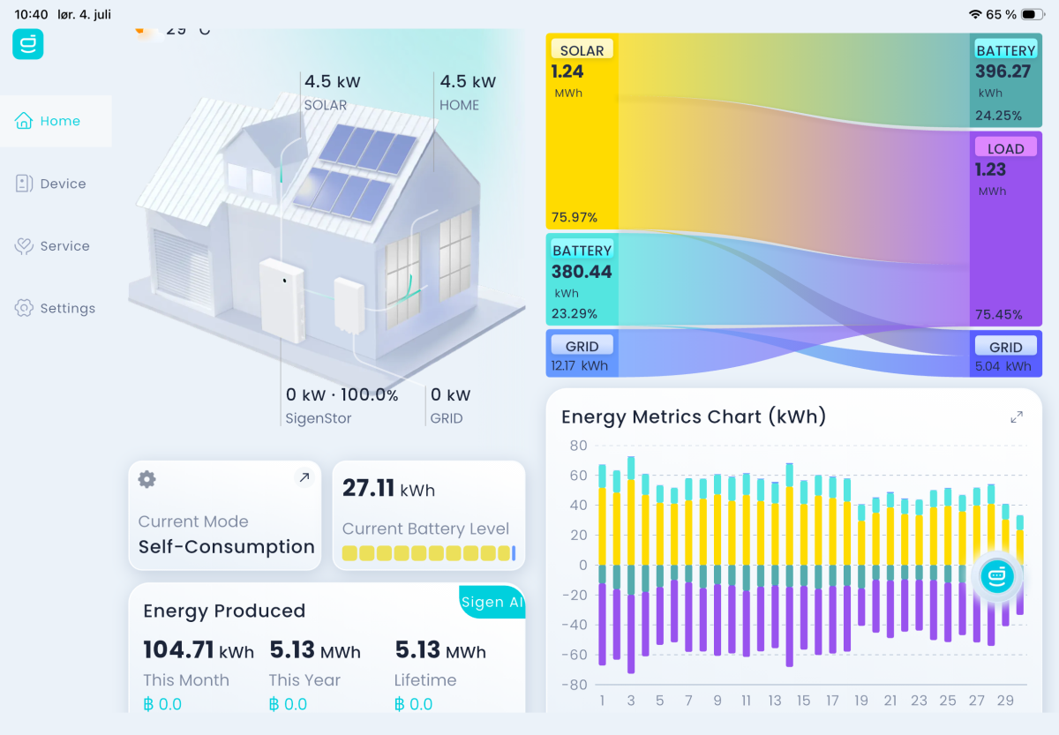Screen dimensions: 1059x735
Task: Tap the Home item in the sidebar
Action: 48,121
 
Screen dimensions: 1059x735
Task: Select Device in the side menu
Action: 50,184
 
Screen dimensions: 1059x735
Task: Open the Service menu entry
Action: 52,246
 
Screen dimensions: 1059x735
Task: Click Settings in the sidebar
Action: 55,308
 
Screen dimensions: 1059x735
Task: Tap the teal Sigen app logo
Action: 28,44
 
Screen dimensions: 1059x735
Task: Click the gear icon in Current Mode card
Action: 147,479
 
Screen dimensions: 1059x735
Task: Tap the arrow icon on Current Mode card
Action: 304,477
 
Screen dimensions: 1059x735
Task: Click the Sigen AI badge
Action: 492,602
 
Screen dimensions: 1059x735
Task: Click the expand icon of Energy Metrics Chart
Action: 1017,416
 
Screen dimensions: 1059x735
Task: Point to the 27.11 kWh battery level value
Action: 388,488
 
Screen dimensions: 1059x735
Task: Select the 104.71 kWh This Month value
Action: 199,650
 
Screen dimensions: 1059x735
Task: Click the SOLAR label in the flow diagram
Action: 582,50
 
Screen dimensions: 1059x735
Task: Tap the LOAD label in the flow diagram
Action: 1005,148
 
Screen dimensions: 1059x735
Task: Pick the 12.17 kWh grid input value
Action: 580,365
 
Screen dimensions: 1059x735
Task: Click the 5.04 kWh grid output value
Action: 1003,366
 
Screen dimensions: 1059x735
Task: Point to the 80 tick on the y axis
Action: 578,446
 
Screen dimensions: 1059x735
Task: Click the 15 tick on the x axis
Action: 803,700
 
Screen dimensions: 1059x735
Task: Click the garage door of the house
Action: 182,268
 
